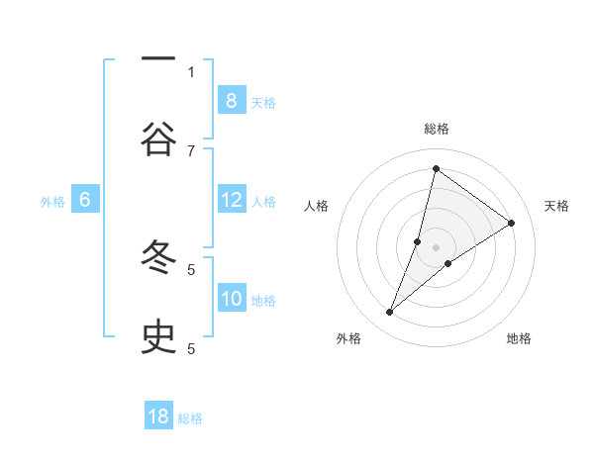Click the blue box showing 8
coord(231,100)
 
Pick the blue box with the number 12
coord(231,201)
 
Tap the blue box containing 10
coord(231,299)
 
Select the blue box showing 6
coord(85,201)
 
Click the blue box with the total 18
coord(158,417)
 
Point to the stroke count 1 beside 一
coord(191,71)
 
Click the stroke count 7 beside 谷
coord(191,150)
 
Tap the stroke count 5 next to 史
coord(191,348)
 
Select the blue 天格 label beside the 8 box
coord(263,102)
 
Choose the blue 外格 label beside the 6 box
coord(52,202)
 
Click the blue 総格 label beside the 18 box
coord(190,418)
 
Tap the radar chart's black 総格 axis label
coord(436,129)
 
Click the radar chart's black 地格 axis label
coord(519,338)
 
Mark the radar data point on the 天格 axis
coord(512,223)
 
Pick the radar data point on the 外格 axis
coord(390,313)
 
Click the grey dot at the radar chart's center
coord(436,246)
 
